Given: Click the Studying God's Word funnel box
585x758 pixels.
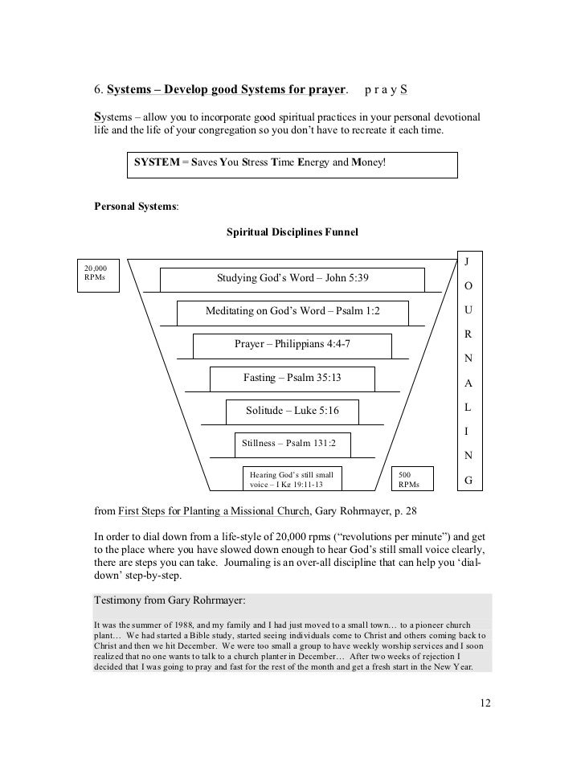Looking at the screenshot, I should point(292,279).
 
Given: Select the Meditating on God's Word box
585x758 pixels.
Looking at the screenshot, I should point(292,311).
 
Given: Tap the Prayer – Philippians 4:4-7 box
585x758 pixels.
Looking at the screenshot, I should point(292,344).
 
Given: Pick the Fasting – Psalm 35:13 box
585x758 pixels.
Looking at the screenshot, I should point(292,378).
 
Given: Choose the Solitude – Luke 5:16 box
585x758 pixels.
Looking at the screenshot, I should point(292,411).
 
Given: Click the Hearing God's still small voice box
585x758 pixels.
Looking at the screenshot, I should point(292,479).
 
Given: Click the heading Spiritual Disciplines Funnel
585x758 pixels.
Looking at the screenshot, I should point(292,232).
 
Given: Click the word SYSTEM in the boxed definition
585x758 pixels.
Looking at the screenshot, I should point(157,162).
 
